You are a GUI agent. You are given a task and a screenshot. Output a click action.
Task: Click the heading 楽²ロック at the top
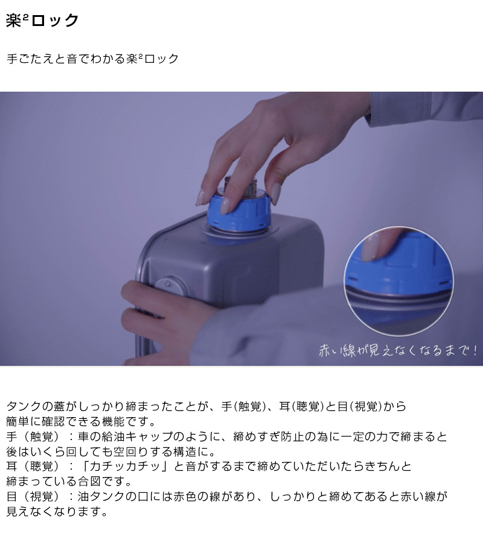pos(42,21)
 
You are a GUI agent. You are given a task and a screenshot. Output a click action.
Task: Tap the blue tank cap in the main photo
pos(238,212)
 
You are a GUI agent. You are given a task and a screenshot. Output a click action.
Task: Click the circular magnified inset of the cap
pos(398,281)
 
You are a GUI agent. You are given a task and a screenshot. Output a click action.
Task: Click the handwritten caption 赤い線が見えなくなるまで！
pos(398,351)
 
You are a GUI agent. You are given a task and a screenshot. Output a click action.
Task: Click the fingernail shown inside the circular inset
pos(370,248)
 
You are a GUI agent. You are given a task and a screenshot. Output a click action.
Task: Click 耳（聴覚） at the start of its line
pos(33,466)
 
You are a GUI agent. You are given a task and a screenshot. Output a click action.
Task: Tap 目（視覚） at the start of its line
pos(33,496)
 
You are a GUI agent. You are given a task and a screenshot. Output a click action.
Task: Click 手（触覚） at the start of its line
pos(33,436)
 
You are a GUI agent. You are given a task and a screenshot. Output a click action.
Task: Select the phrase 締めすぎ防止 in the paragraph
pos(269,436)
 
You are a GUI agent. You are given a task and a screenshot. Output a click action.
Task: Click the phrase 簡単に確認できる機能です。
pos(81,421)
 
